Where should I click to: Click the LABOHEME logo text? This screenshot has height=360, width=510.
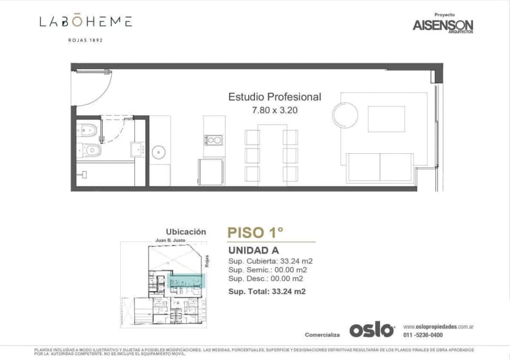coord(86,22)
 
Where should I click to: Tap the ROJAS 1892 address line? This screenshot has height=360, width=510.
coord(86,40)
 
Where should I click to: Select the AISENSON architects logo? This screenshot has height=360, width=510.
coord(443,25)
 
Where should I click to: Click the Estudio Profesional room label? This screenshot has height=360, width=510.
coord(275,97)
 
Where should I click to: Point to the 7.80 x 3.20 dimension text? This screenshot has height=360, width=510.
coord(275,111)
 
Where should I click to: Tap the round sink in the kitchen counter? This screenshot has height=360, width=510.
coord(159,151)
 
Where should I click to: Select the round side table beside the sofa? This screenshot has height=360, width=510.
coord(345,114)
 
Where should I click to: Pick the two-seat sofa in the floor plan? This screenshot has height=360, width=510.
coord(380,167)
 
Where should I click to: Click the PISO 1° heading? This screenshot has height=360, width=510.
coord(255,233)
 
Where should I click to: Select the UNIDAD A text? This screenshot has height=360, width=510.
coord(253,250)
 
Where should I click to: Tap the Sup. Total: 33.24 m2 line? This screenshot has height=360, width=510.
coord(267,291)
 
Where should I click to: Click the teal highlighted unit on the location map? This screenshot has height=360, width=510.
coord(186,281)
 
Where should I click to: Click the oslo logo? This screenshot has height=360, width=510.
coord(372,330)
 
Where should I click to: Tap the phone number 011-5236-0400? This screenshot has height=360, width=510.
coord(423,335)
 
